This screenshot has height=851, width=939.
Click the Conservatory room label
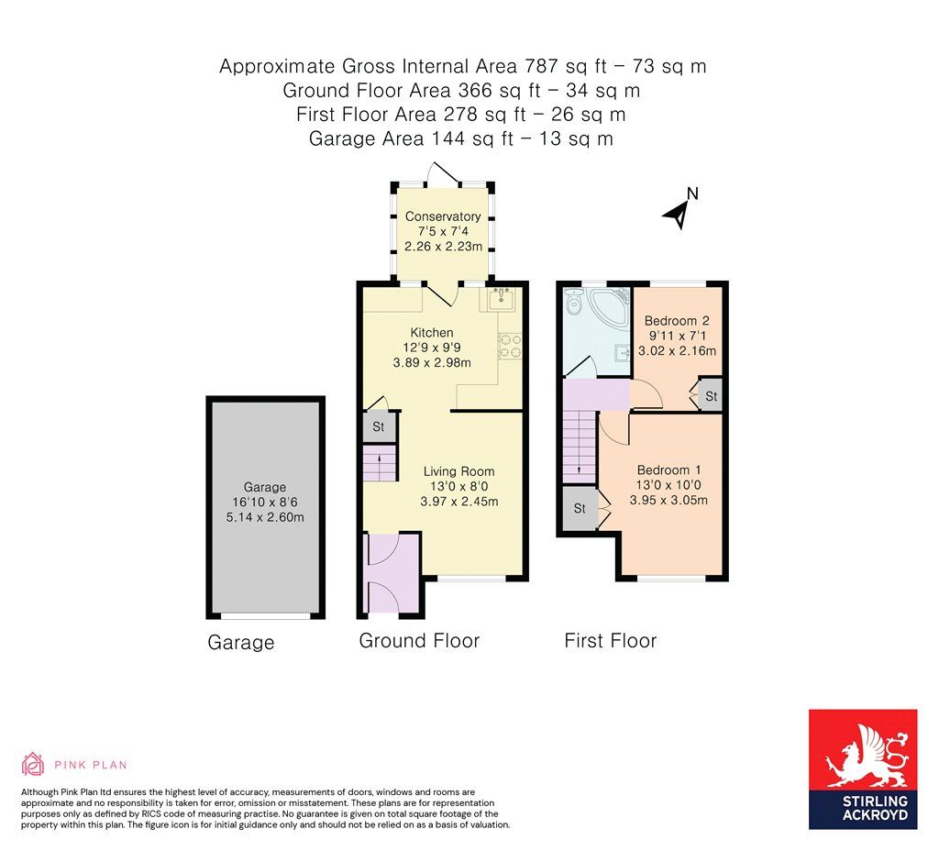tap(443, 216)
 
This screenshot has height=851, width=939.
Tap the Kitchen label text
tap(431, 332)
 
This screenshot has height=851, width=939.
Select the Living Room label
tap(458, 471)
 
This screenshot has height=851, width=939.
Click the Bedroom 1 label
tap(668, 470)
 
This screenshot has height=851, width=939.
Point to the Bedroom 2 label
tap(677, 321)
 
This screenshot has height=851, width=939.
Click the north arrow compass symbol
tap(679, 210)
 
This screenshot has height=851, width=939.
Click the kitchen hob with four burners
tap(509, 344)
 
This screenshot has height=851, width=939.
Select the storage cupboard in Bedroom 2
tap(711, 397)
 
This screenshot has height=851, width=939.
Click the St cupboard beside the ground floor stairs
tap(378, 427)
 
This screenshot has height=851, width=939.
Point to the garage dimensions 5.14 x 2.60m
tap(265, 517)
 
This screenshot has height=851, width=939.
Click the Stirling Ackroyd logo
tap(863, 769)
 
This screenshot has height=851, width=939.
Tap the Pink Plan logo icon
tap(33, 764)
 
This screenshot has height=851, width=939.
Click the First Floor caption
tap(610, 641)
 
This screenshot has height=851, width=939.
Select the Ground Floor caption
tap(419, 641)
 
